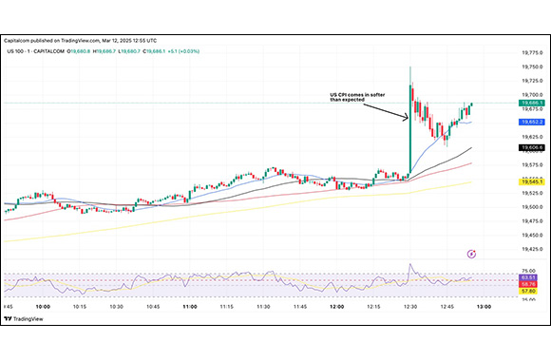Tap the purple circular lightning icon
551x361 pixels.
(x=472, y=254)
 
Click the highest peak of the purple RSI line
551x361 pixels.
(x=409, y=265)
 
